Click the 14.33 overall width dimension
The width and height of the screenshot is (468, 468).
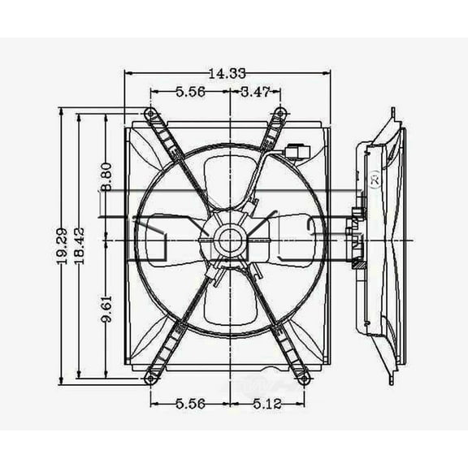[227, 74]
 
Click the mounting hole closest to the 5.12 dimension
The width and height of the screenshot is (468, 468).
[305, 379]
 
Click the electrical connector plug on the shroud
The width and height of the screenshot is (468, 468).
[297, 150]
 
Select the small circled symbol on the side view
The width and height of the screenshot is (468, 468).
[375, 180]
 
